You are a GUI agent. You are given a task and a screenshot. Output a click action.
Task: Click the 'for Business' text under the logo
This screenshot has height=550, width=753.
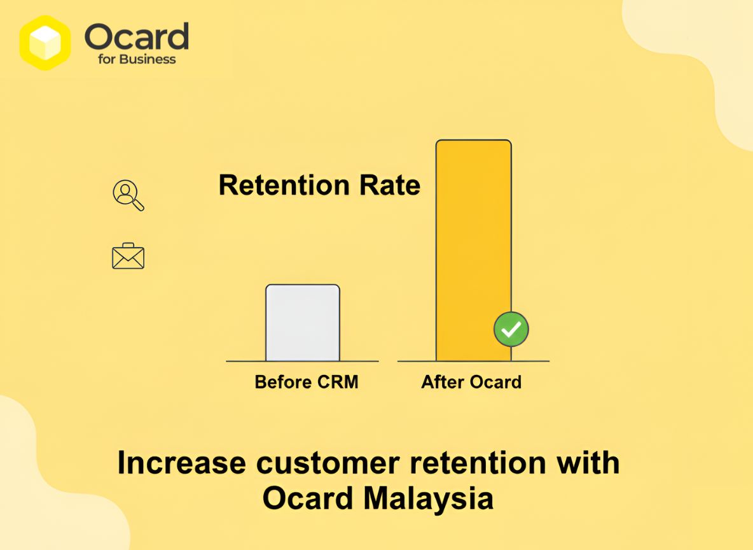[137, 59]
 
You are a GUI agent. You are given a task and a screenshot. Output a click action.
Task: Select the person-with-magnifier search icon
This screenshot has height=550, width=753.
[128, 195]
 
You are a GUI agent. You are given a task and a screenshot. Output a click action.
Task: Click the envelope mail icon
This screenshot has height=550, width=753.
[128, 257]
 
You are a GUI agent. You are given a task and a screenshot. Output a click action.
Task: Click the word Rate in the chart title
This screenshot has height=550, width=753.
[389, 185]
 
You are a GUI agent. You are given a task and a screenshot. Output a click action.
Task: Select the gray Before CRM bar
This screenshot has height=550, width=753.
[303, 323]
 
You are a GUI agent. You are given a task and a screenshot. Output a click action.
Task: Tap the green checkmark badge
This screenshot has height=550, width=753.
[511, 329]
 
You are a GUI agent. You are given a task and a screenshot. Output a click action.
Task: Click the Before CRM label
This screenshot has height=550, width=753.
[306, 382]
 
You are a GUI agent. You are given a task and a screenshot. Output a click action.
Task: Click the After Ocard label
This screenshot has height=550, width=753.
[471, 382]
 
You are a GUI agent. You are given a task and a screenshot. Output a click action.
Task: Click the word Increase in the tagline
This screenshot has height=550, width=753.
[181, 463]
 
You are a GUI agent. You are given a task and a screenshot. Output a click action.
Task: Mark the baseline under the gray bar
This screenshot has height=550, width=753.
[303, 362]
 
